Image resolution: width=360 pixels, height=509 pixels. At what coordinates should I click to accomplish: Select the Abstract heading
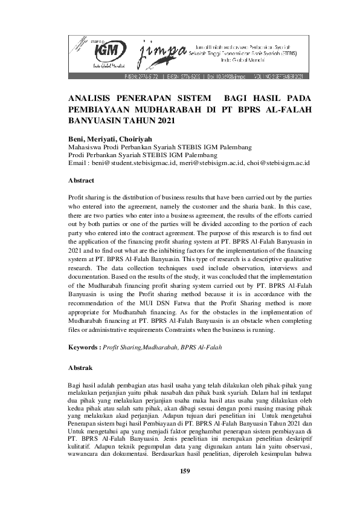tap(82, 180)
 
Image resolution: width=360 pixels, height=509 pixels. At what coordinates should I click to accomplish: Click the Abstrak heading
tap(81, 367)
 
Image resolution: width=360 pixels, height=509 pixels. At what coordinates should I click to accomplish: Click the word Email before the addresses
tap(78, 163)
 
